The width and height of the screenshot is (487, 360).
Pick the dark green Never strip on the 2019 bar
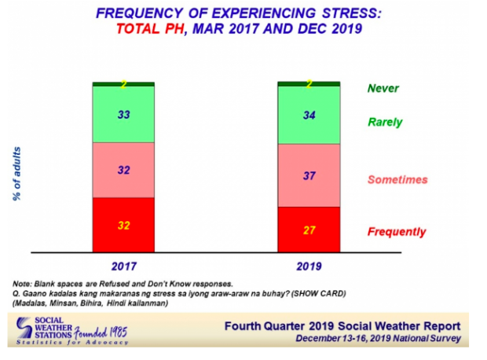tap(308, 83)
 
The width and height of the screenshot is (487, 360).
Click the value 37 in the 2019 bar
tap(308, 176)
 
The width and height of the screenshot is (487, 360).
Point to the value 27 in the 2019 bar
tap(308, 230)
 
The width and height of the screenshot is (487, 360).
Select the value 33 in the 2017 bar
tap(123, 115)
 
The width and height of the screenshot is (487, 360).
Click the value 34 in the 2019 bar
tap(308, 115)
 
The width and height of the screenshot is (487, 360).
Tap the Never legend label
tap(383, 89)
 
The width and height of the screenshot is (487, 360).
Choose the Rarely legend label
tap(385, 122)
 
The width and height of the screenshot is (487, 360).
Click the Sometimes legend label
tap(397, 180)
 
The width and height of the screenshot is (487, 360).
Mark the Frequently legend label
tap(397, 232)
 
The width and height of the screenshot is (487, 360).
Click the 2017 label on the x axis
tap(123, 266)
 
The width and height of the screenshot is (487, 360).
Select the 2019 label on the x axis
tap(308, 266)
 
